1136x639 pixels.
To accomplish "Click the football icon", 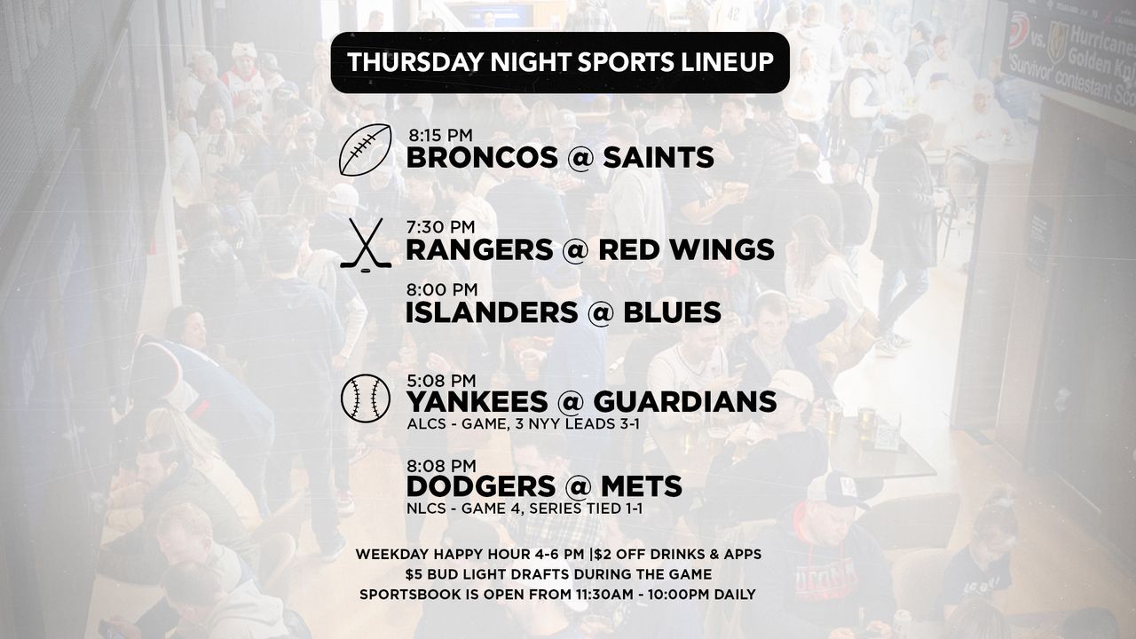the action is pyautogui.click(x=365, y=150).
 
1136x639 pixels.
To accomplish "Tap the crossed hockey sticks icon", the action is pyautogui.click(x=366, y=245).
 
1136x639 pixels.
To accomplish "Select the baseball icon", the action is pyautogui.click(x=366, y=398).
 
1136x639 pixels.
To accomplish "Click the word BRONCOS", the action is pyautogui.click(x=482, y=157).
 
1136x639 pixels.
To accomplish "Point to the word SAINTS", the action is pyautogui.click(x=659, y=157).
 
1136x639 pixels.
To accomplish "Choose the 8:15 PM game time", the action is pyautogui.click(x=441, y=136).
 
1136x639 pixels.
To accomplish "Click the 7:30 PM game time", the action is pyautogui.click(x=440, y=226).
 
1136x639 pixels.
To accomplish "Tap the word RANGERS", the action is pyautogui.click(x=479, y=249).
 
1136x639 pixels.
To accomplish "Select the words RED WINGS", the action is pyautogui.click(x=687, y=249).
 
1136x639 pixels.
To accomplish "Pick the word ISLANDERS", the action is pyautogui.click(x=492, y=312).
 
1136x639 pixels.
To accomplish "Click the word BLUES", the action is pyautogui.click(x=672, y=312).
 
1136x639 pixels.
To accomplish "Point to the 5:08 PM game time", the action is pyautogui.click(x=441, y=381).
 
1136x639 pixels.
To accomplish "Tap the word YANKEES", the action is pyautogui.click(x=477, y=402).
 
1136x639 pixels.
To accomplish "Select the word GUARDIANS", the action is pyautogui.click(x=684, y=402).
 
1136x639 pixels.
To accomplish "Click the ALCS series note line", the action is pyautogui.click(x=524, y=423).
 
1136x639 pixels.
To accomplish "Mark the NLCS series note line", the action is pyautogui.click(x=525, y=509).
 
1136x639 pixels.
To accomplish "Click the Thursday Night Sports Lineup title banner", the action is pyautogui.click(x=560, y=62).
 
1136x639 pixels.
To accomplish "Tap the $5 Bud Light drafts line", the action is pyautogui.click(x=558, y=574).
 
